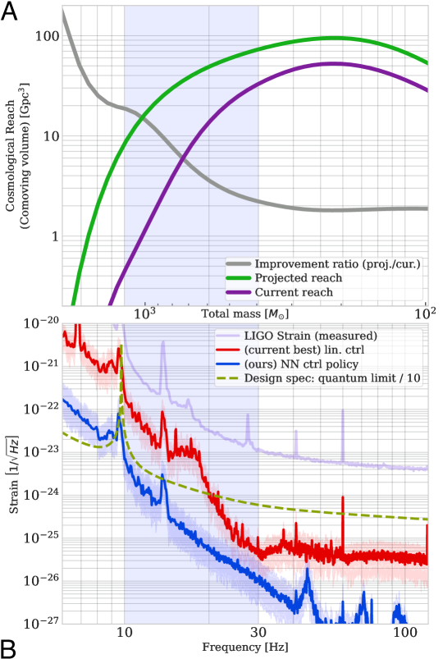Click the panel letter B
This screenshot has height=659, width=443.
[x=12, y=646]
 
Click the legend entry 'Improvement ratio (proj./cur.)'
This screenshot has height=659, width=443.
[x=336, y=263]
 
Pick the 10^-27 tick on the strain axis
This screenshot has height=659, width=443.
[x=38, y=622]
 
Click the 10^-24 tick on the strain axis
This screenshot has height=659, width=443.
[x=38, y=494]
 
